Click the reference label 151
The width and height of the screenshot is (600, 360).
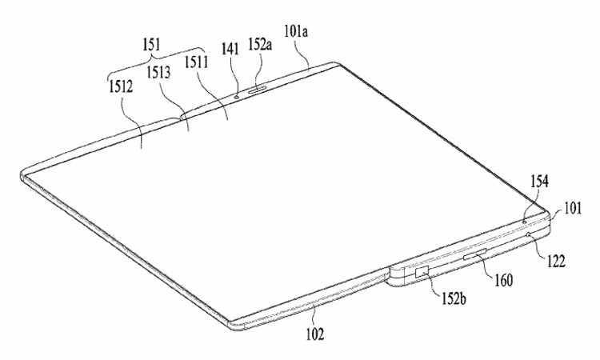pyautogui.click(x=151, y=45)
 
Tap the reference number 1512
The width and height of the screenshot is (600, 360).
pyautogui.click(x=121, y=87)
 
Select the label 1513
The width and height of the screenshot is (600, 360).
pyautogui.click(x=158, y=73)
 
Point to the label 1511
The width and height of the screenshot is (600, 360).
pyautogui.click(x=196, y=62)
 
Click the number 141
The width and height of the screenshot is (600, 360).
pyautogui.click(x=230, y=49)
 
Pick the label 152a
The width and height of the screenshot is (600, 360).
pyautogui.click(x=260, y=44)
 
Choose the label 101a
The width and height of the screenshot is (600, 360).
pyautogui.click(x=296, y=31)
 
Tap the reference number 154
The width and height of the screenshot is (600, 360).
pyautogui.click(x=539, y=181)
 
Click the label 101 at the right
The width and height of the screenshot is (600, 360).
pyautogui.click(x=573, y=209)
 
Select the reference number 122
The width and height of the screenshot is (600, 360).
pyautogui.click(x=556, y=262)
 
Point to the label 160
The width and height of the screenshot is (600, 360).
pyautogui.click(x=503, y=280)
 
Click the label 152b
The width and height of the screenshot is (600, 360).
pyautogui.click(x=454, y=298)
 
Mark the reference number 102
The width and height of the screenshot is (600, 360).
pyautogui.click(x=315, y=334)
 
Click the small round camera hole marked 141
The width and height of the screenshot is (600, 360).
pyautogui.click(x=237, y=97)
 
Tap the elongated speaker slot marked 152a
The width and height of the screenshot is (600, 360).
pyautogui.click(x=258, y=90)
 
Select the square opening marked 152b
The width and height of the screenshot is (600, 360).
pyautogui.click(x=422, y=270)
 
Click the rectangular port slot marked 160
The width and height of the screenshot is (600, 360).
pyautogui.click(x=474, y=254)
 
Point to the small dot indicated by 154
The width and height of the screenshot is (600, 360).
pyautogui.click(x=524, y=221)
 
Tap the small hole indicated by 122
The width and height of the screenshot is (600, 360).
pyautogui.click(x=530, y=234)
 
